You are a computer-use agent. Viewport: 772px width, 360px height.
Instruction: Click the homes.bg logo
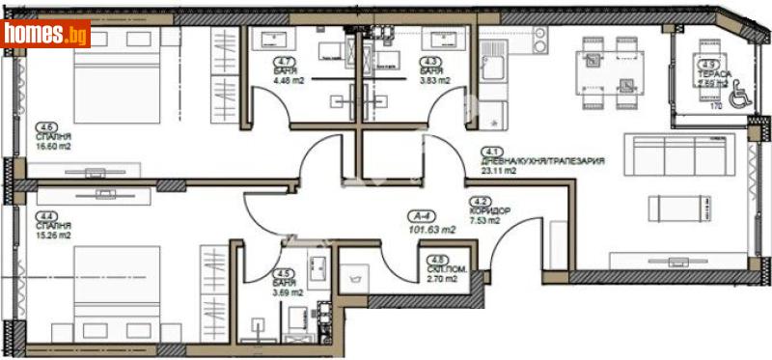tap(46, 34)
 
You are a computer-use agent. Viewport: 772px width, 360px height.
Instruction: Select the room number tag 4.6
tap(44, 126)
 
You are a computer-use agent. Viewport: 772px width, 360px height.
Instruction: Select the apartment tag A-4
tap(418, 216)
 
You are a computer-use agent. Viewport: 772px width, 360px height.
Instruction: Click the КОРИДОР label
tap(489, 209)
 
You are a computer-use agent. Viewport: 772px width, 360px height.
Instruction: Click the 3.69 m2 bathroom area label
tap(287, 292)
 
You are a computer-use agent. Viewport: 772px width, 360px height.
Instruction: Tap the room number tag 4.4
tap(44, 216)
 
